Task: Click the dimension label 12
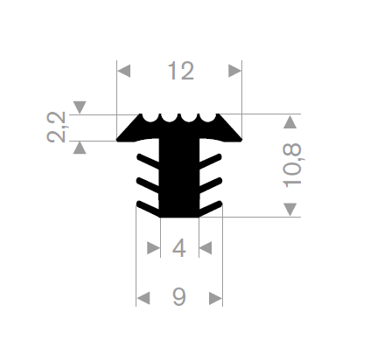181,71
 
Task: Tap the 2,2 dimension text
57,127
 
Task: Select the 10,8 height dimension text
292,165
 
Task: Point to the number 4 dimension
179,248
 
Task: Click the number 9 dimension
179,297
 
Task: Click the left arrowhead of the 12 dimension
123,71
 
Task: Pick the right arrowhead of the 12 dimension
235,71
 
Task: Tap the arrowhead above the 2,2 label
80,107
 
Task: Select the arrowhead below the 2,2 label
80,148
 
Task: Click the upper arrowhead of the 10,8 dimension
290,121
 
